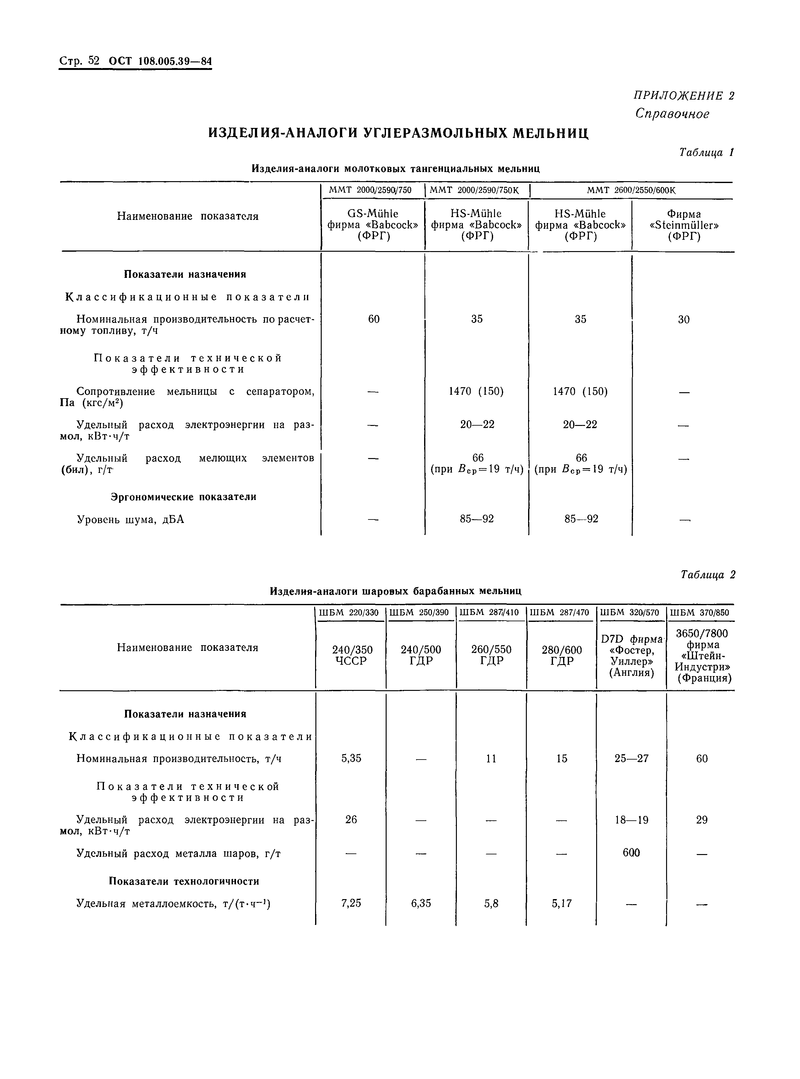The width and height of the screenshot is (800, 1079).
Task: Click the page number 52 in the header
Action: pyautogui.click(x=94, y=61)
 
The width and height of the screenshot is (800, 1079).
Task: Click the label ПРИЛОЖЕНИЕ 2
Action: pyautogui.click(x=684, y=95)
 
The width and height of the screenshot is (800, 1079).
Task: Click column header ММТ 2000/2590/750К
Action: pyautogui.click(x=474, y=190)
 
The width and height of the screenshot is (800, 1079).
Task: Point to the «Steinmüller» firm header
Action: pyautogui.click(x=684, y=225)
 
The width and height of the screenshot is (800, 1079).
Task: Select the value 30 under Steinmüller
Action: pyautogui.click(x=684, y=319)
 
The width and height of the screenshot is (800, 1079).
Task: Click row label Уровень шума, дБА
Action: pyautogui.click(x=131, y=520)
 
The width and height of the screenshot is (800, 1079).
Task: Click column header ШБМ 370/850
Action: pyautogui.click(x=700, y=613)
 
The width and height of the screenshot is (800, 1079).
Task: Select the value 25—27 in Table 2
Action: pyautogui.click(x=631, y=759)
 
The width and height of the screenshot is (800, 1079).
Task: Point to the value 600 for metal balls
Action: pyautogui.click(x=631, y=853)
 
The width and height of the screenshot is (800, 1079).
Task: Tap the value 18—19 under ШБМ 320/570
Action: pyautogui.click(x=631, y=820)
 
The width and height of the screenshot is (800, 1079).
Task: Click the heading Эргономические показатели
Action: pyautogui.click(x=183, y=497)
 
